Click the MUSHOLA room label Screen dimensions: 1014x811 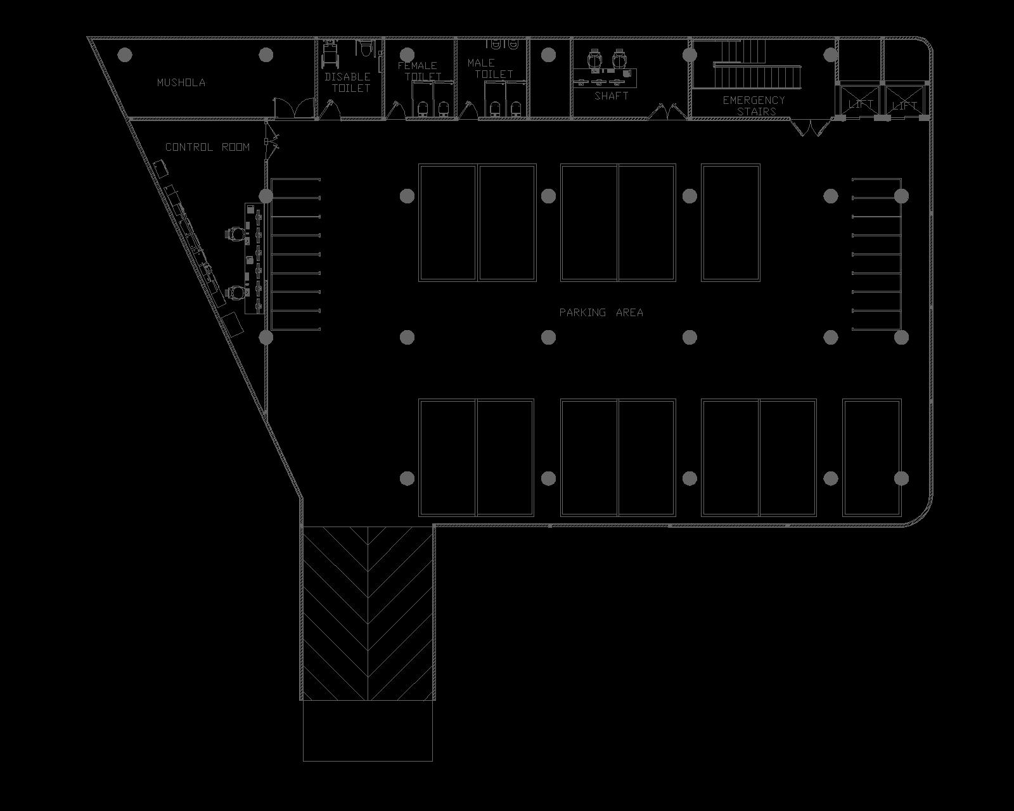tap(181, 82)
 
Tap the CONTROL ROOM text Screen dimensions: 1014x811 tap(207, 147)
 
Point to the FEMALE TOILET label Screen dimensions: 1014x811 tap(418, 70)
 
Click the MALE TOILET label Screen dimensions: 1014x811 tap(489, 68)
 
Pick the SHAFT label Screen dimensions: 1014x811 tap(612, 96)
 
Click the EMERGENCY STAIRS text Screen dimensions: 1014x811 tap(754, 105)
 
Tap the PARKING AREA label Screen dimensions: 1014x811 tap(601, 312)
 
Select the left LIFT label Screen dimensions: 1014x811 tap(861, 103)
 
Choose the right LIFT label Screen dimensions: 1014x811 tap(904, 105)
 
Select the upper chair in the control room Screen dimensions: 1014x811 tap(234, 234)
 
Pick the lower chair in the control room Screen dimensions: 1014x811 tap(234, 291)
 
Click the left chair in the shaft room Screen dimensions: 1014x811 tap(595, 60)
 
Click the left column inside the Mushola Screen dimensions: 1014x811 tap(125, 54)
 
